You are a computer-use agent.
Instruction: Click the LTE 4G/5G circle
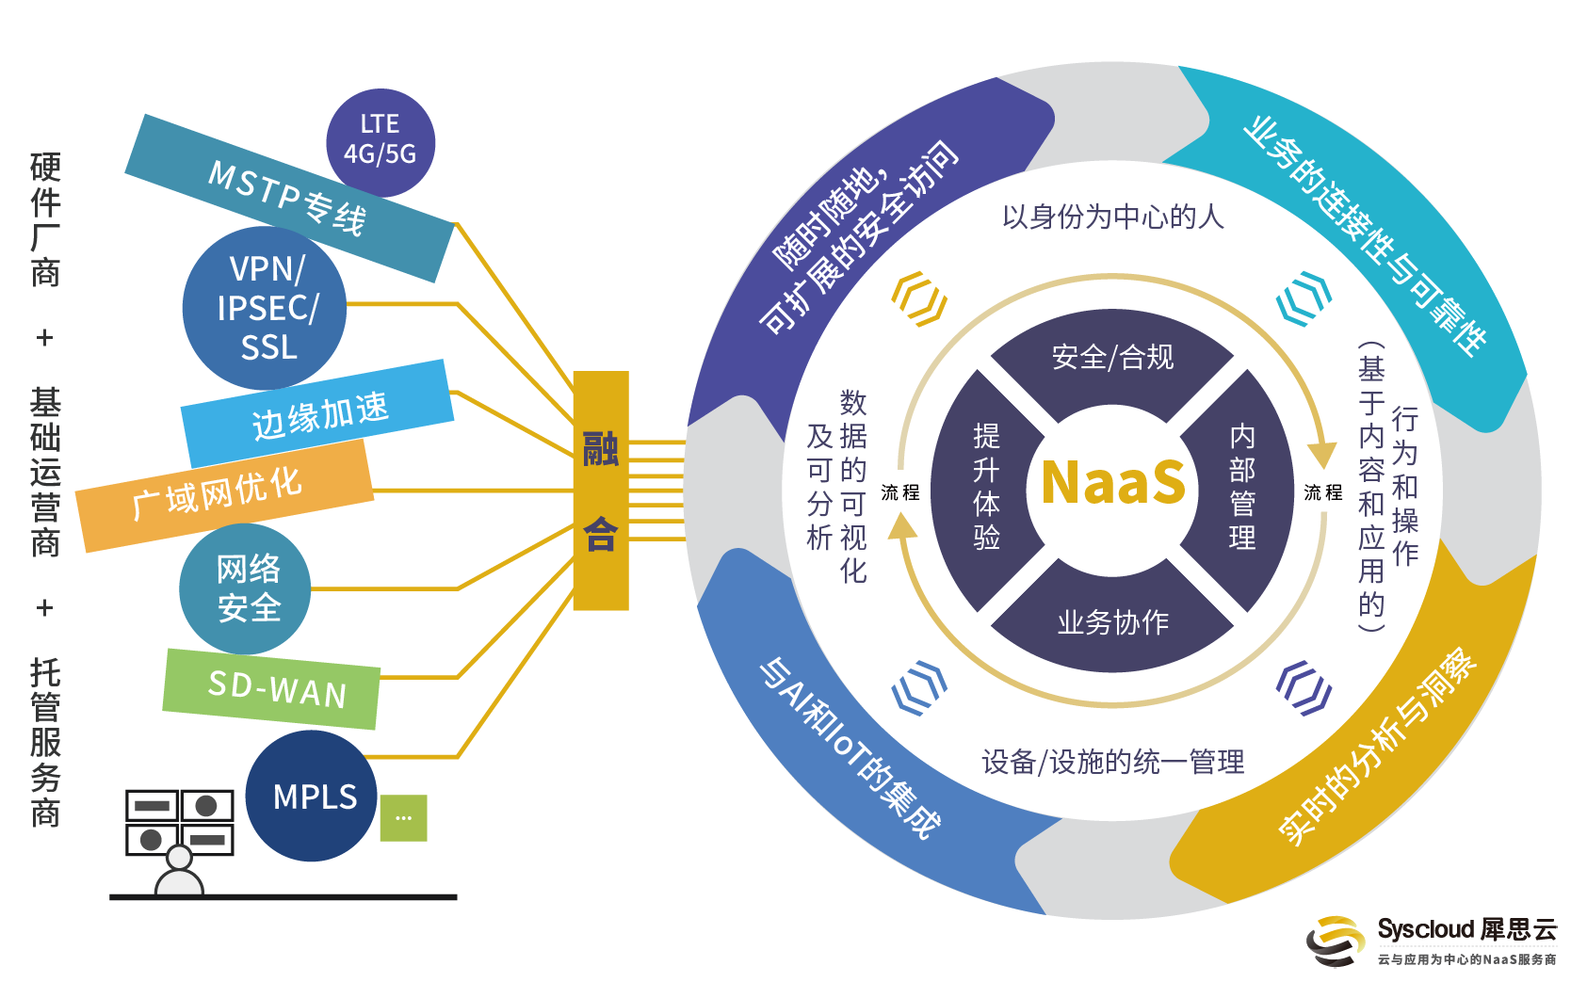pyautogui.click(x=381, y=141)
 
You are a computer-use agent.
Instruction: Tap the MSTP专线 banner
pyautogui.click(x=287, y=198)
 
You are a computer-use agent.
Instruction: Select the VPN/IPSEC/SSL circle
pyautogui.click(x=266, y=308)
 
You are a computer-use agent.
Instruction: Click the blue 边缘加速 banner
pyautogui.click(x=318, y=413)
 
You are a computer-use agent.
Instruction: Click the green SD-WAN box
pyautogui.click(x=273, y=689)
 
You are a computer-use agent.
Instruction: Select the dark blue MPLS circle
pyautogui.click(x=314, y=797)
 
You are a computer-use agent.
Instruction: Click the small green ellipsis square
pyautogui.click(x=403, y=817)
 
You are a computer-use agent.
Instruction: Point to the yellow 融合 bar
pyautogui.click(x=601, y=491)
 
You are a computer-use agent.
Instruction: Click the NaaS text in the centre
pyautogui.click(x=1112, y=483)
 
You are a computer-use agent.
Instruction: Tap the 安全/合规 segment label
pyautogui.click(x=1112, y=358)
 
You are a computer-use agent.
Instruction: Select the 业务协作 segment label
pyautogui.click(x=1112, y=622)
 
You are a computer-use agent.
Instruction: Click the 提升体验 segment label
pyautogui.click(x=986, y=487)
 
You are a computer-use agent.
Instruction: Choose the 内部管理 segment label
pyautogui.click(x=1241, y=487)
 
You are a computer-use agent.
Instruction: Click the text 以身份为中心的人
pyautogui.click(x=1112, y=217)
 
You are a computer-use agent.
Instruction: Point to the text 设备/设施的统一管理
pyautogui.click(x=1112, y=762)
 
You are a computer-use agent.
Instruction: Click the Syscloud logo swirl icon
pyautogui.click(x=1335, y=941)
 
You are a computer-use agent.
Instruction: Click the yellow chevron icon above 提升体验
pyautogui.click(x=918, y=299)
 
